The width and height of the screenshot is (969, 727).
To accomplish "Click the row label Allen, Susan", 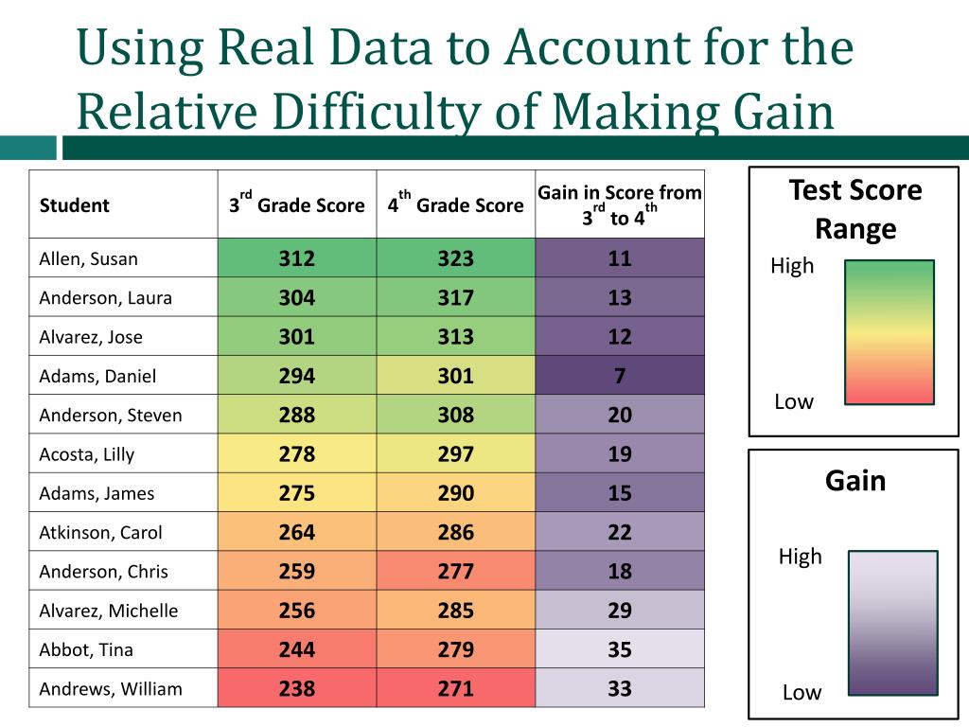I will pos(88,258).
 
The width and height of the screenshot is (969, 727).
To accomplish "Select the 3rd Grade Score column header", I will pos(296,204).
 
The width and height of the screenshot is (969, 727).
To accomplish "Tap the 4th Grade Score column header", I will pos(455,204).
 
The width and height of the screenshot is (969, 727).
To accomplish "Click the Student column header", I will pos(74,205).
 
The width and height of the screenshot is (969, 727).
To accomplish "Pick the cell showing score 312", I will pos(296,258).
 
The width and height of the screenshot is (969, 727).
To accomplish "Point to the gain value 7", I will pos(620,376).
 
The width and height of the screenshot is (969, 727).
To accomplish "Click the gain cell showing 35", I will pos(620,649).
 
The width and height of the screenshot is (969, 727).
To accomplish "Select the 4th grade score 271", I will pos(455,688).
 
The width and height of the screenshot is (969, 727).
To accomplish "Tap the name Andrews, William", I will pos(111,688).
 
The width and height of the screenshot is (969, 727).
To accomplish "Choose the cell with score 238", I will pos(296,688).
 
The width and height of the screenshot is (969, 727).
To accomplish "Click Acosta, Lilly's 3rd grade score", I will pos(296,454).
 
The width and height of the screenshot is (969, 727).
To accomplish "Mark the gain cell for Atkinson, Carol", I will pos(620,532).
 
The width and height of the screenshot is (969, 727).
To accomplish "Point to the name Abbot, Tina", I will pos(86,649).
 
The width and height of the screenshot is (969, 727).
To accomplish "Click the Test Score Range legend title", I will pos(854,209).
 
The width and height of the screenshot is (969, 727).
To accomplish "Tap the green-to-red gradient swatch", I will pos(889,332).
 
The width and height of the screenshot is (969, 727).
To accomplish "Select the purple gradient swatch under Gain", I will pos(892,622).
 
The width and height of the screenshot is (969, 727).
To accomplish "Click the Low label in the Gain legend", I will pos(802,692).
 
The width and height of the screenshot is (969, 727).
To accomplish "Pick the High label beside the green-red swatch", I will pos(792,266).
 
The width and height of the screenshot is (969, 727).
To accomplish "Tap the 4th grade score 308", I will pos(455,415).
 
